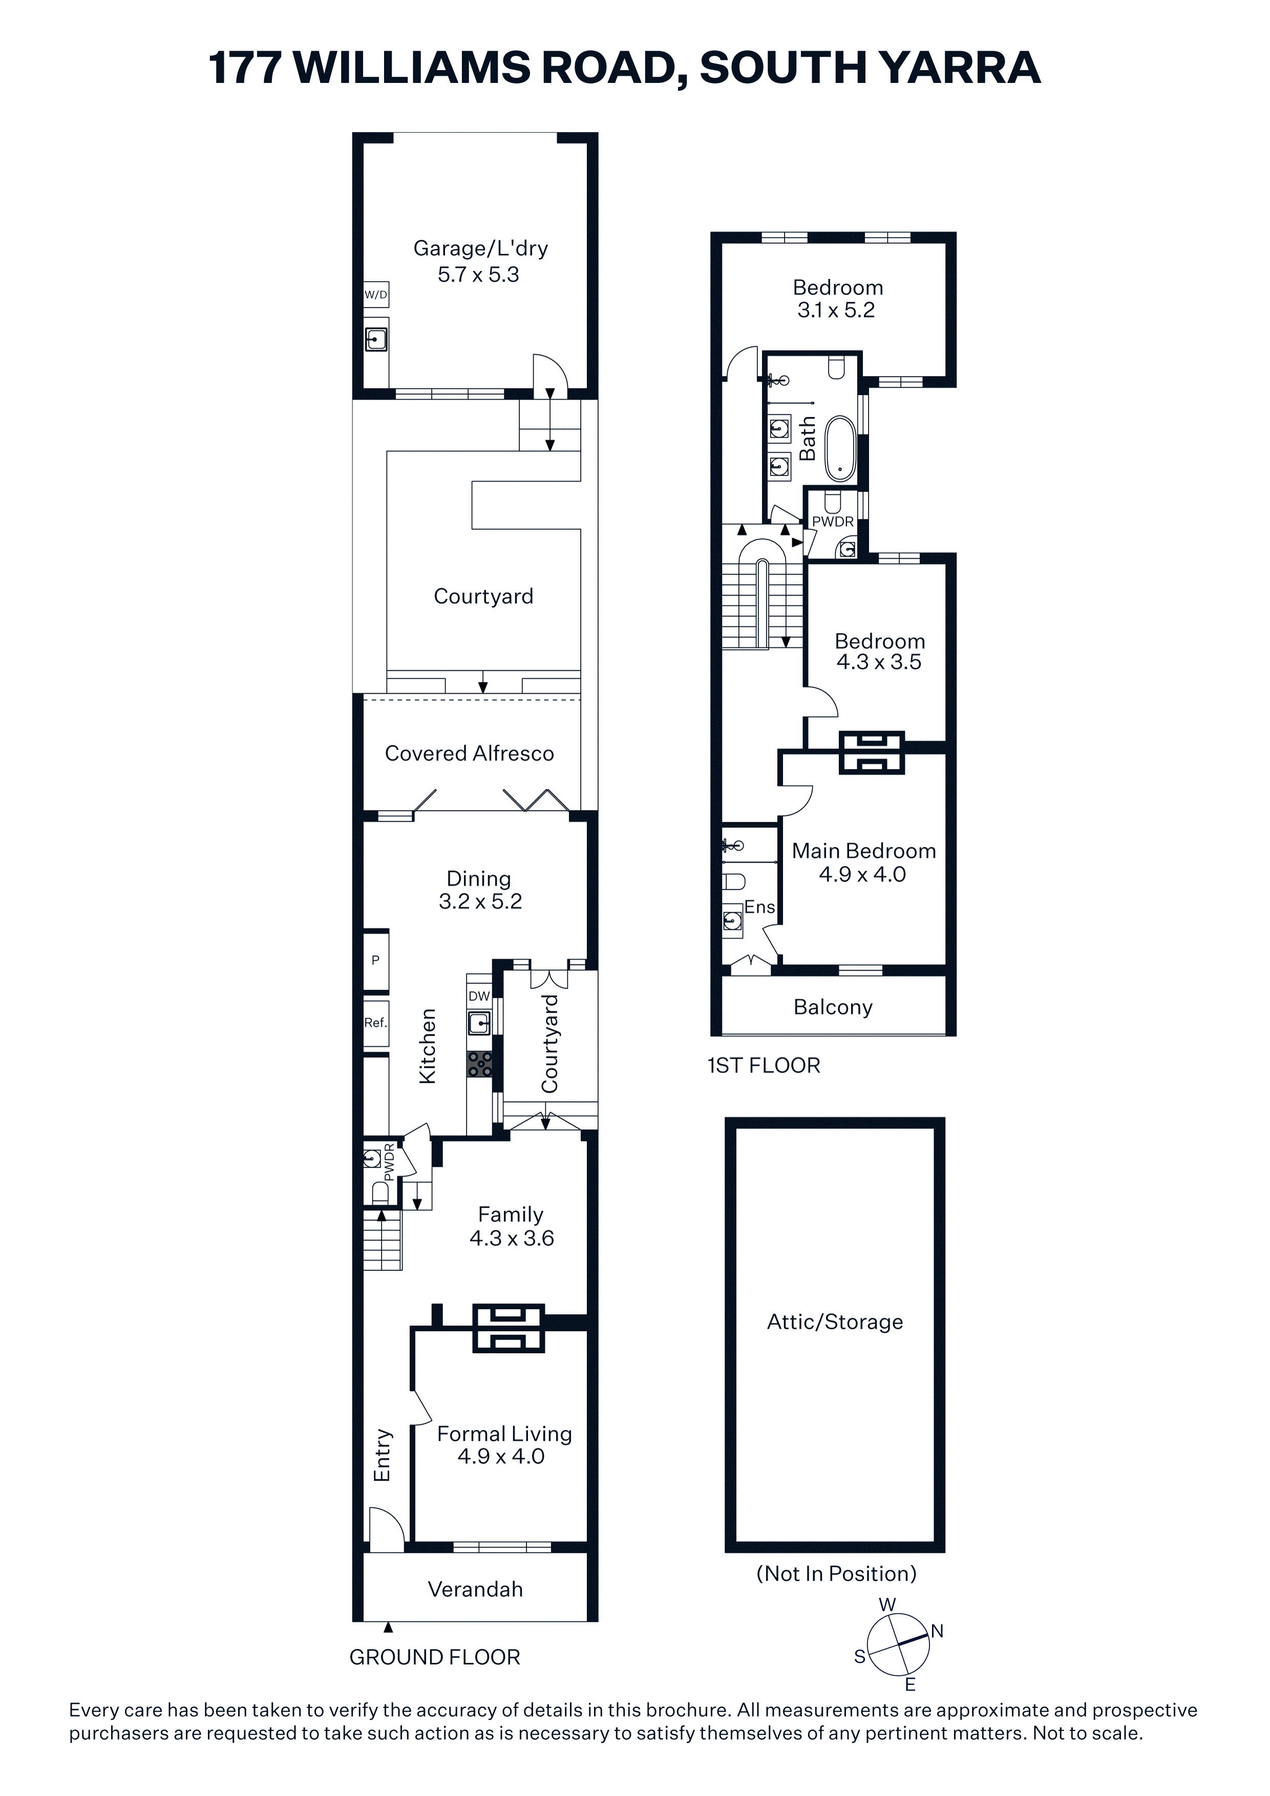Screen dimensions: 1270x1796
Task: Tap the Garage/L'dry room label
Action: (x=480, y=249)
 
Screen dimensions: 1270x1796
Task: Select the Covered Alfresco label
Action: (x=470, y=753)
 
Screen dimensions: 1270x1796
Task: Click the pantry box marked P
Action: (x=375, y=960)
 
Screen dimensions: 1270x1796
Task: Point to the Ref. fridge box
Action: (x=375, y=1023)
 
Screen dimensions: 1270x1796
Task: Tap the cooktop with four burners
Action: (x=480, y=1064)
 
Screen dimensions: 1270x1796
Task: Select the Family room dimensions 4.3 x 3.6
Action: (x=512, y=1238)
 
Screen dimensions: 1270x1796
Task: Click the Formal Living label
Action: (x=505, y=1434)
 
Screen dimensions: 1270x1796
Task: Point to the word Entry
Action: (x=382, y=1456)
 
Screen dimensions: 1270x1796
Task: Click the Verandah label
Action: (x=475, y=1590)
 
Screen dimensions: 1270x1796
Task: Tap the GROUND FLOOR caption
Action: (x=434, y=1657)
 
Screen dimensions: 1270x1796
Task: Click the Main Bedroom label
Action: (x=864, y=851)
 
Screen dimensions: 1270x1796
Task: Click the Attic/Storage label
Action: (x=835, y=1322)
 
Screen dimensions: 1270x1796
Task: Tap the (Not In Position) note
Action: (x=836, y=1574)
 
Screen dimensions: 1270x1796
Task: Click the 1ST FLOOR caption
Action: (x=764, y=1065)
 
